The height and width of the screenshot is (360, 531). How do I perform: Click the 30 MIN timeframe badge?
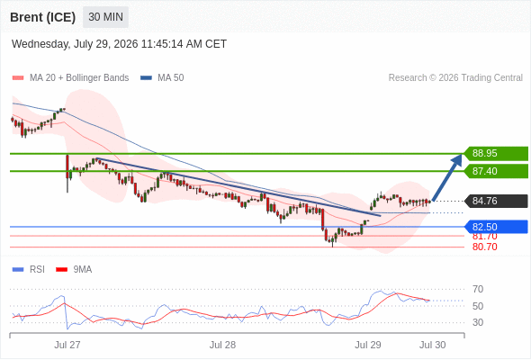[x=105, y=17]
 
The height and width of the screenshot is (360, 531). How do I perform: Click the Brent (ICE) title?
[x=42, y=17]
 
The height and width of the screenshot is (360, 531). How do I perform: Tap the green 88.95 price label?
[x=496, y=153]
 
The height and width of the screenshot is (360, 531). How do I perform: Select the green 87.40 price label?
[x=496, y=171]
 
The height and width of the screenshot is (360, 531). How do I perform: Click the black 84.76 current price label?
[x=496, y=201]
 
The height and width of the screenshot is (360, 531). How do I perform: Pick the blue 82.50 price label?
[x=496, y=227]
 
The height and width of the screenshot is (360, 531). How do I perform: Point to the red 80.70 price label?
[x=485, y=247]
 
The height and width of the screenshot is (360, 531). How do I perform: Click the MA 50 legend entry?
[x=162, y=78]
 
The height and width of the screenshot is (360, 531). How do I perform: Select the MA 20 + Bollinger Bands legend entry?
[x=70, y=78]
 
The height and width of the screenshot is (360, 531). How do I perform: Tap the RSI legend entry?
[x=29, y=270]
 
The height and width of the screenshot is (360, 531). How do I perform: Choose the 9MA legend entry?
[x=74, y=270]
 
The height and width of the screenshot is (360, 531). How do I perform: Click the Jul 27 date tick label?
[x=67, y=345]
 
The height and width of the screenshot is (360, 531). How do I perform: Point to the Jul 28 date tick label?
[x=222, y=345]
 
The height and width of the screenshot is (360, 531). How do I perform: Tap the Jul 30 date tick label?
[x=433, y=345]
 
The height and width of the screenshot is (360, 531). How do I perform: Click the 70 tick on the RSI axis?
[x=478, y=289]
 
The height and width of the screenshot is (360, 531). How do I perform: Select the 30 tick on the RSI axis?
[x=478, y=322]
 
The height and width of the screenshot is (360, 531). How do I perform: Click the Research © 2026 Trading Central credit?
[x=455, y=78]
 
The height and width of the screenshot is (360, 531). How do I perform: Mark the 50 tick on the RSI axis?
[x=478, y=306]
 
